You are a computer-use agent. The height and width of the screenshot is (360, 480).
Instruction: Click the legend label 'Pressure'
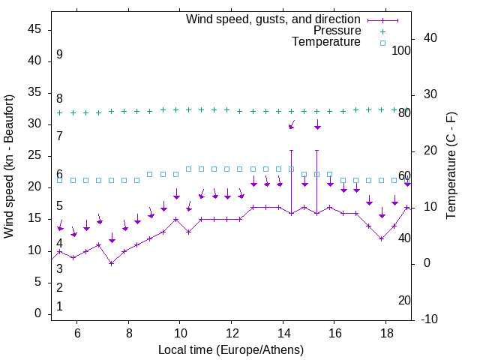[x=337, y=31]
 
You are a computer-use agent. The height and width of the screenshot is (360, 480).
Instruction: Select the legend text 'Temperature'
[x=326, y=43]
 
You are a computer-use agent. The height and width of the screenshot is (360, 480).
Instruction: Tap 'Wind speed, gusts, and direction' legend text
[x=274, y=19]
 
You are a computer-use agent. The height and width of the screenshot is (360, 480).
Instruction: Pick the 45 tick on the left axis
[x=34, y=29]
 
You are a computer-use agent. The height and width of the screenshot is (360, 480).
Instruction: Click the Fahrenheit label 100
[x=401, y=50]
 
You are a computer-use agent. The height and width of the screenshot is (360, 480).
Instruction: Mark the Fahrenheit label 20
[x=404, y=300]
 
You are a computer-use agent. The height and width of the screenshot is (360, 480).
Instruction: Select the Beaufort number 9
[x=59, y=55]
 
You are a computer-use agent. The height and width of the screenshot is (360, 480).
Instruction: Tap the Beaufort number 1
[x=59, y=306]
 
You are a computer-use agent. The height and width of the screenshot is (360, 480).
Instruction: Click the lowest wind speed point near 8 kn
[x=111, y=263]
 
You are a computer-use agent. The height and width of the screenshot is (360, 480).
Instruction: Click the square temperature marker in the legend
[x=382, y=43]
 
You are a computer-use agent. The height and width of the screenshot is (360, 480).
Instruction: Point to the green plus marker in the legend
[x=382, y=31]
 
